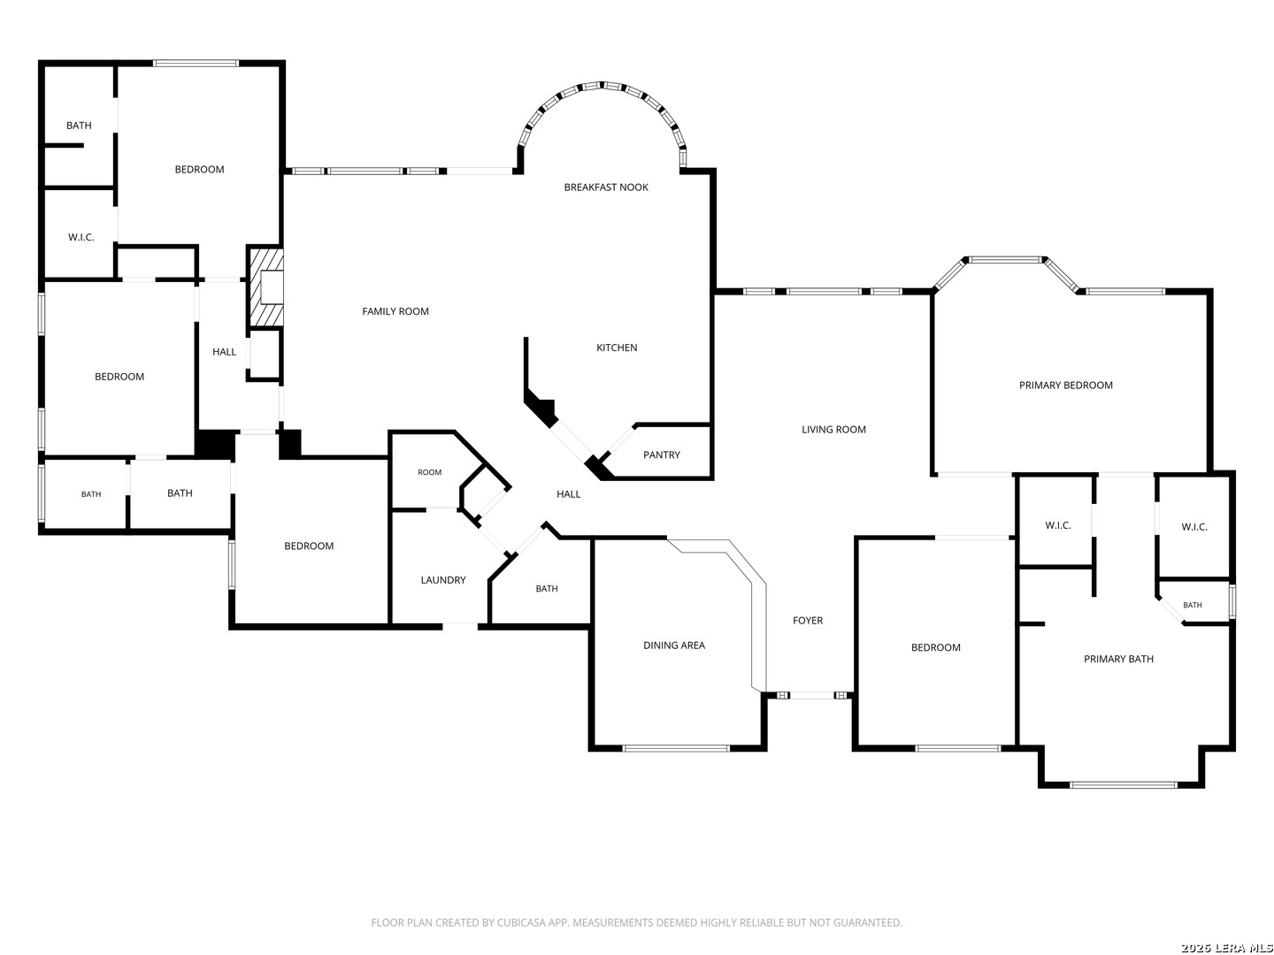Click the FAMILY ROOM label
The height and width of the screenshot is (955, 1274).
click(395, 311)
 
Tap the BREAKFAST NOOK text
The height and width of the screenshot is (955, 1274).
click(606, 187)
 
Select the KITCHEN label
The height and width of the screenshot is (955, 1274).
click(617, 348)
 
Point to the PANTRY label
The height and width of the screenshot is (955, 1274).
click(661, 455)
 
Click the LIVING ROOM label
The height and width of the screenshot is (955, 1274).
click(833, 430)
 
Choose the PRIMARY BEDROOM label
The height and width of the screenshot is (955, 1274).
click(1065, 385)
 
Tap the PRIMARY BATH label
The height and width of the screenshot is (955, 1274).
click(1118, 659)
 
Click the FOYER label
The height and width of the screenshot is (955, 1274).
click(808, 621)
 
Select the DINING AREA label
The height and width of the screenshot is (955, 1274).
click(674, 646)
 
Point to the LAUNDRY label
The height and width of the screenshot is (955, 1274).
click(443, 580)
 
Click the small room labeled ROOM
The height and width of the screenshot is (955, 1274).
click(429, 472)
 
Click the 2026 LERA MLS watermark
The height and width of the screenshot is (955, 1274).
click(1226, 948)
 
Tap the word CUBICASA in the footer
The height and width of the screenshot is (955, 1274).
click(520, 922)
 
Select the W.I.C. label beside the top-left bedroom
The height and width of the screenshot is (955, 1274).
click(81, 237)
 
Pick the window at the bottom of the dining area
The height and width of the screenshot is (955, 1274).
click(676, 749)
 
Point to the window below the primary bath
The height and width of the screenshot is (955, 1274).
click(1123, 785)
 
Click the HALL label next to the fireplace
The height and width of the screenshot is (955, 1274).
click(224, 352)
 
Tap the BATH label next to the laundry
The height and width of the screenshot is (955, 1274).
click(546, 589)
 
